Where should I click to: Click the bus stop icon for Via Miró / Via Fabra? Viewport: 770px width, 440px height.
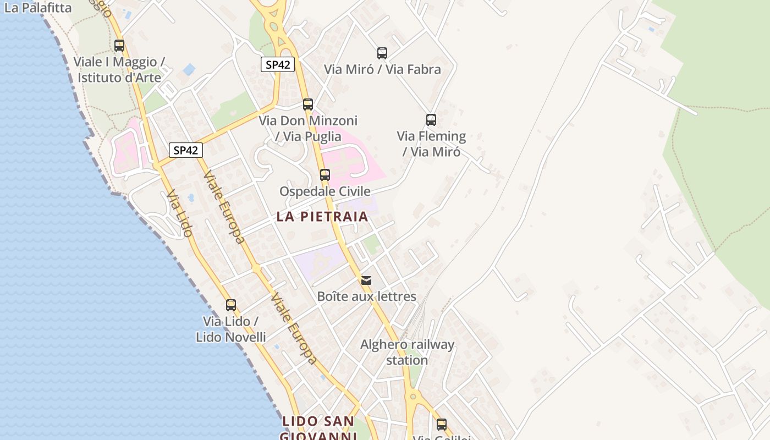coord(382,53)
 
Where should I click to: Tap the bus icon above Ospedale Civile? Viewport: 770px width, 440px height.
coord(325,175)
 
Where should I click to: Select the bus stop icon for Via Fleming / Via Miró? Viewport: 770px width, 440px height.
coord(431,119)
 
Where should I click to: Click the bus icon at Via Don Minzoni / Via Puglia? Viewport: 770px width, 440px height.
coord(308,104)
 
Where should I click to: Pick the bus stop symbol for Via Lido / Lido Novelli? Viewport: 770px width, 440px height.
coord(231,305)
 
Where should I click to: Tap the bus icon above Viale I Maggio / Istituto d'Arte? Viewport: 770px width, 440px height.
coord(119,46)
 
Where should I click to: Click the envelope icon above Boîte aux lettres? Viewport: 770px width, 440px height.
coord(366,280)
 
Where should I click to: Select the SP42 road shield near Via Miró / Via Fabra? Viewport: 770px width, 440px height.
coord(278,64)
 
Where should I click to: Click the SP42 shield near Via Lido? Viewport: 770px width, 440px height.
coord(185,150)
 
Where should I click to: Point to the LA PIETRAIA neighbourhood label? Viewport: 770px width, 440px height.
coord(322,216)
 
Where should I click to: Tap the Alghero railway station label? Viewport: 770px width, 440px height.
coord(407,352)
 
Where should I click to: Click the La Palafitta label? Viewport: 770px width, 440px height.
coord(37,8)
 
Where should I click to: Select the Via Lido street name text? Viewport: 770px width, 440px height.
coord(180,214)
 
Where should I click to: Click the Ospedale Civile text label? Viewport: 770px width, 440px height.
coord(324,191)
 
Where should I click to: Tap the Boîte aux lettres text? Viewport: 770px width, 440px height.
coord(366,296)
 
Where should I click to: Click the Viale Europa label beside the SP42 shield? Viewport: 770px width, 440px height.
coord(224,207)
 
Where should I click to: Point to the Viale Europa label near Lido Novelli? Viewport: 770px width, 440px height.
coord(294,328)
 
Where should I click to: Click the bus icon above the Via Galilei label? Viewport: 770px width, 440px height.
coord(442,424)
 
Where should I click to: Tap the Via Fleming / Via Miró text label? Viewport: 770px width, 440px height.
coord(431,144)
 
